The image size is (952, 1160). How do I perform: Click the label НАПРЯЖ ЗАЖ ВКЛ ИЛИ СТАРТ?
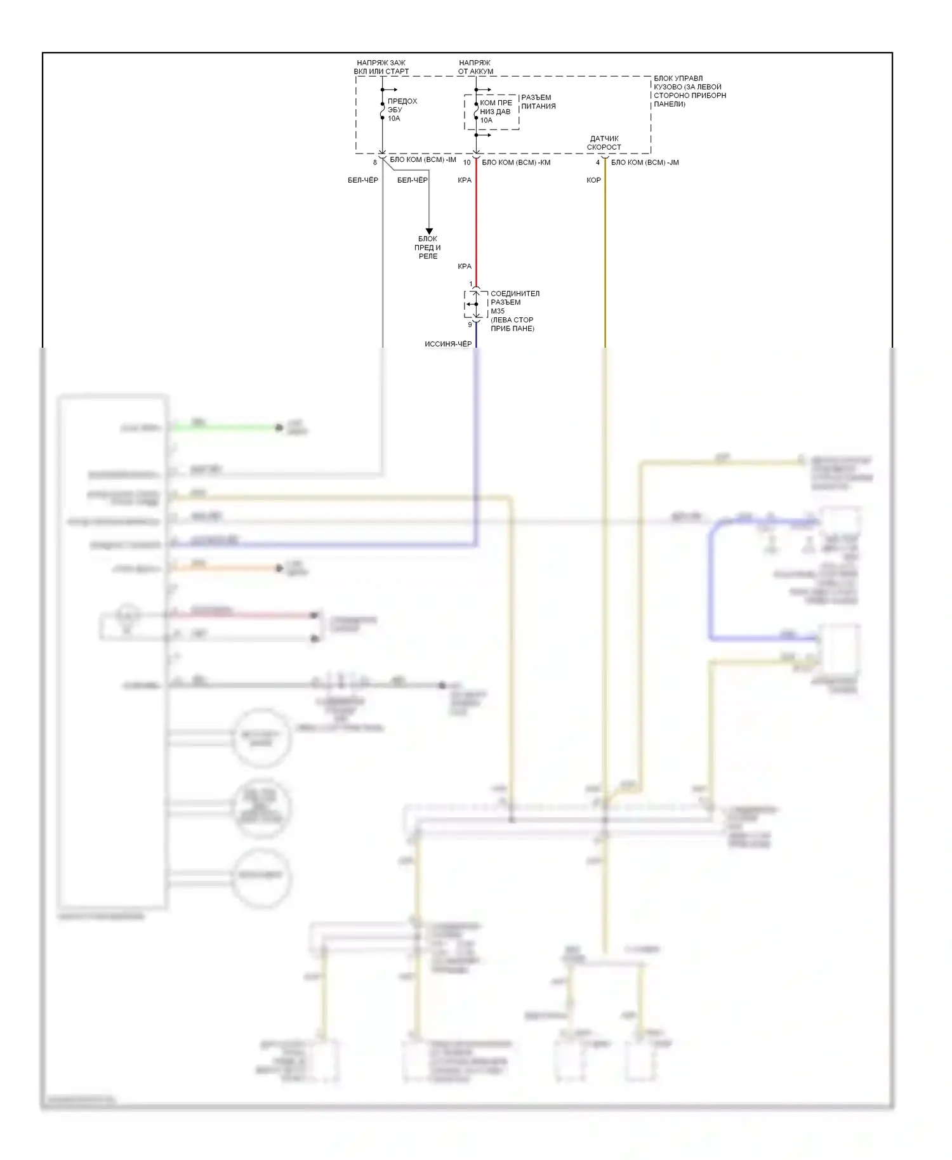click(x=381, y=67)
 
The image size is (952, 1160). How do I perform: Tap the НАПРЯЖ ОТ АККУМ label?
click(x=475, y=67)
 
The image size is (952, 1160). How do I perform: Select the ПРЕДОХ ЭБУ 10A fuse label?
click(x=402, y=110)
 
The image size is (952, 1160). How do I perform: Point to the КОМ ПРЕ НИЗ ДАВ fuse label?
click(x=496, y=111)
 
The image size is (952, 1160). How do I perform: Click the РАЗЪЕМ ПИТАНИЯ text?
click(x=538, y=102)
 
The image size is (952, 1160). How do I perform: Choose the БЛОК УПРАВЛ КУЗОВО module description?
click(x=690, y=91)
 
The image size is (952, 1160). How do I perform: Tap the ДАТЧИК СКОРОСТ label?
click(x=604, y=143)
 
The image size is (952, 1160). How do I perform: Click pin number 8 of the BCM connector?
click(x=375, y=162)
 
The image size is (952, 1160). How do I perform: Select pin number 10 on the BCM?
click(x=467, y=162)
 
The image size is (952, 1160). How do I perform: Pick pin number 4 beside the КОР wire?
click(x=597, y=162)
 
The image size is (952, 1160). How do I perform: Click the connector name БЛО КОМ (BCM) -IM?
click(x=423, y=160)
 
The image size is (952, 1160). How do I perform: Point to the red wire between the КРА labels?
click(x=477, y=222)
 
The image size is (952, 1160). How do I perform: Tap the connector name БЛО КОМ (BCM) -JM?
click(x=645, y=162)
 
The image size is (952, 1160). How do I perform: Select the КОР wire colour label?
click(x=593, y=180)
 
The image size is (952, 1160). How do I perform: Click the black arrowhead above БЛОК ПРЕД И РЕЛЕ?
click(x=429, y=231)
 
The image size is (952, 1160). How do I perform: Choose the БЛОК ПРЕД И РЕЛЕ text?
click(x=428, y=247)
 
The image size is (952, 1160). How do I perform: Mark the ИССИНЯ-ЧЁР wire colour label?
click(x=448, y=344)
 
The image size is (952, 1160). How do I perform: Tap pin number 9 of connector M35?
click(x=470, y=325)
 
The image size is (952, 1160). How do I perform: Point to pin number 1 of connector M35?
click(x=470, y=284)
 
